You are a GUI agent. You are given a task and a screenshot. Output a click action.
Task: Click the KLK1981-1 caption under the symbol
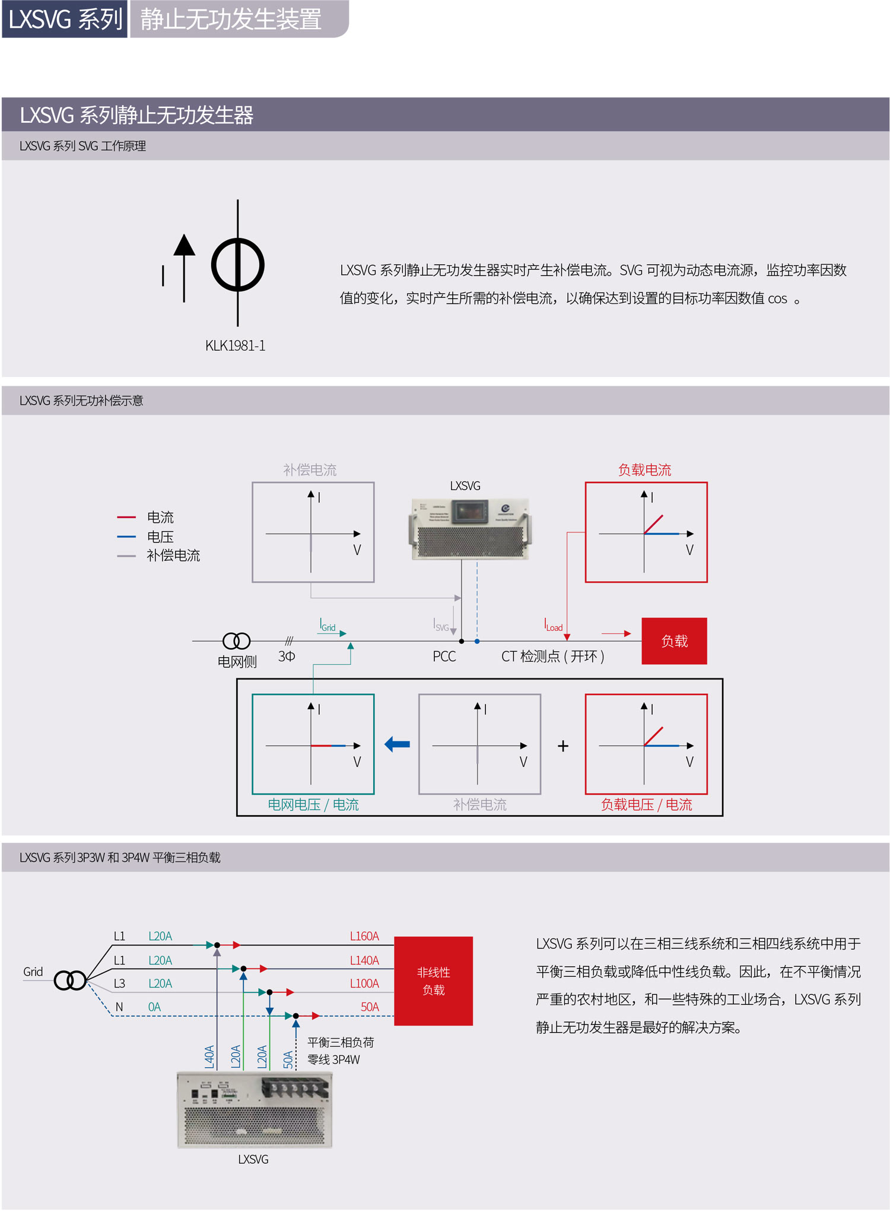point(235,345)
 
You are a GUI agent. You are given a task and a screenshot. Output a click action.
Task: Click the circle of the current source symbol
point(238,265)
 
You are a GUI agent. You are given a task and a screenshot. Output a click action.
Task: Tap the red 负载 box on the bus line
point(674,641)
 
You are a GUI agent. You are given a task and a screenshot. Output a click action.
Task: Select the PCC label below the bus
point(444,656)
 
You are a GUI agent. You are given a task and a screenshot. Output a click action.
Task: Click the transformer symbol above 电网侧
point(236,641)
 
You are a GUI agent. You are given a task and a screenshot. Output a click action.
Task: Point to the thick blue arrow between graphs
point(398,744)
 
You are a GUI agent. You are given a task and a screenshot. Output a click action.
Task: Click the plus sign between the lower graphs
point(563,746)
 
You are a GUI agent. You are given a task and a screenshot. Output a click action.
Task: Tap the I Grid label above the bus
point(328,626)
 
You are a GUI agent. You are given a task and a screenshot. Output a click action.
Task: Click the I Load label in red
point(553,626)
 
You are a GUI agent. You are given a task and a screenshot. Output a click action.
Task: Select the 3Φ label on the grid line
point(287,656)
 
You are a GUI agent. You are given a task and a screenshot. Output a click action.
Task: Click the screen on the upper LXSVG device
point(469,510)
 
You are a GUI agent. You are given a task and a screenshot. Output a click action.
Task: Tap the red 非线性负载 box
point(433,980)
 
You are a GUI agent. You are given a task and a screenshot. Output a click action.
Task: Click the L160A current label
point(364,936)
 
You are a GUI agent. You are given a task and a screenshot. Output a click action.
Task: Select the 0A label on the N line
point(154,1007)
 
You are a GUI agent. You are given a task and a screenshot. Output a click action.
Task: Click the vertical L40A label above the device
point(209,1057)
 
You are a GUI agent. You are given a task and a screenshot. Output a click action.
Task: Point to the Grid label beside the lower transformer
point(33,972)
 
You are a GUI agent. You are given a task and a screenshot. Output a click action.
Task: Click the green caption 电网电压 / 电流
point(313,805)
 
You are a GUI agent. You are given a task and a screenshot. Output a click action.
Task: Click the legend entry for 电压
point(160,537)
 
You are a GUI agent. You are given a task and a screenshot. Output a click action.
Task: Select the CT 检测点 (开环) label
point(553,656)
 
